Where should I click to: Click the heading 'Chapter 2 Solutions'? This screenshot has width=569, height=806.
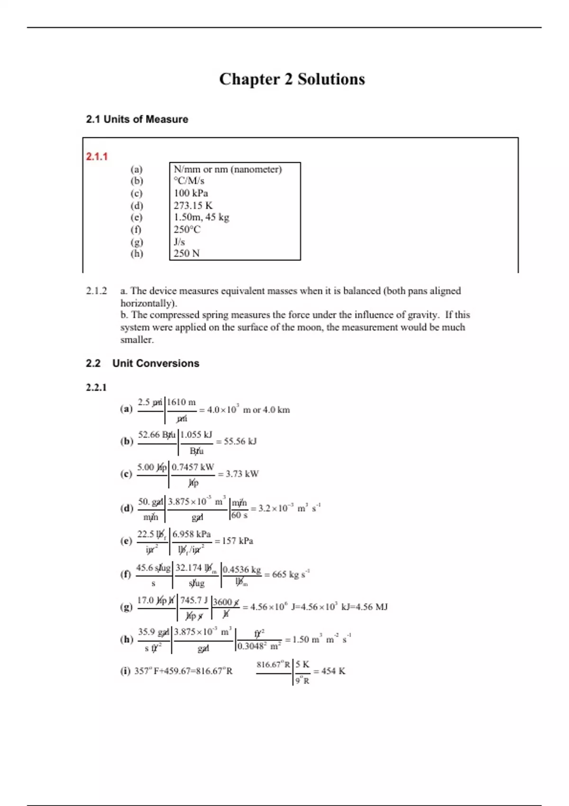click(x=292, y=79)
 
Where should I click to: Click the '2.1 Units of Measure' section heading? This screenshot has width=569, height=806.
click(x=137, y=119)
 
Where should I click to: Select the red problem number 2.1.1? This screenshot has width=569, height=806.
click(x=97, y=156)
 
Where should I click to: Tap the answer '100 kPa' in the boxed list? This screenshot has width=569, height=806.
click(x=191, y=193)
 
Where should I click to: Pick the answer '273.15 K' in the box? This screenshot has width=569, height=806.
click(x=193, y=205)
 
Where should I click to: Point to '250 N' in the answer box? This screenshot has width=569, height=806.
click(x=186, y=253)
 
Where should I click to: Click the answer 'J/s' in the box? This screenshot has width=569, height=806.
click(x=179, y=242)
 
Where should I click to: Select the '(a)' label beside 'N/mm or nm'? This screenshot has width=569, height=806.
click(x=137, y=169)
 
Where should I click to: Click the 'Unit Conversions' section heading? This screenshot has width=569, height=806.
click(x=156, y=364)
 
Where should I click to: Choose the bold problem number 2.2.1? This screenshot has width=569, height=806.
click(x=96, y=387)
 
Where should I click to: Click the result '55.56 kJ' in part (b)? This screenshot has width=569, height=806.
click(x=240, y=441)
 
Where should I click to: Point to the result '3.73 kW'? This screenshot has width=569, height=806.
click(x=242, y=474)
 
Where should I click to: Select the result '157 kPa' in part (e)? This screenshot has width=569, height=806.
click(x=237, y=541)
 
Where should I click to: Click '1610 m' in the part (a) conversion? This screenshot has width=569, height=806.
click(x=181, y=403)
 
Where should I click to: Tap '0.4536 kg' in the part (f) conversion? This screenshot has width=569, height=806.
click(x=242, y=569)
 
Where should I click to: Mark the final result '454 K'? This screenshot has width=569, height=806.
click(x=333, y=671)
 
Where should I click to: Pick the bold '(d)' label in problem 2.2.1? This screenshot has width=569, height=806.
click(x=127, y=508)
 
